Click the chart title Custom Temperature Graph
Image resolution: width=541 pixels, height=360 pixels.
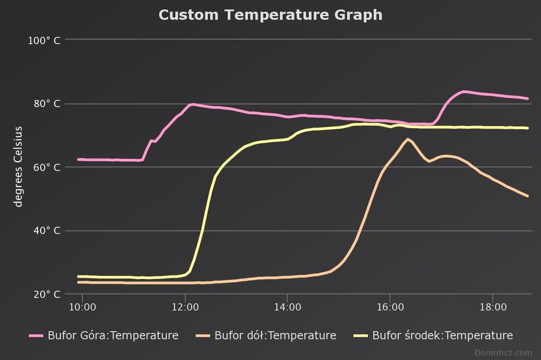tap(270, 15)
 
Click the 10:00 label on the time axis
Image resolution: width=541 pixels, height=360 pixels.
tap(82, 307)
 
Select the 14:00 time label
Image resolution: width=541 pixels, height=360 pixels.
tap(287, 307)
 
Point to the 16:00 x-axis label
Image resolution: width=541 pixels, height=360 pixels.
tap(390, 307)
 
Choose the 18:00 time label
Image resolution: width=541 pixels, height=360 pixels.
tap(492, 307)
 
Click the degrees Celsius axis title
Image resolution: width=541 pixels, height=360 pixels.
tap(19, 166)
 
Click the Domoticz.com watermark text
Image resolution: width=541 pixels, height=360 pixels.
tap(503, 352)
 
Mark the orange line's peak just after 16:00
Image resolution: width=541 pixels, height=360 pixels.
tap(407, 139)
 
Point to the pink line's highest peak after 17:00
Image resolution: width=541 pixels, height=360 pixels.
tap(464, 91)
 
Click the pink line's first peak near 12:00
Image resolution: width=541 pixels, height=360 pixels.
tap(192, 104)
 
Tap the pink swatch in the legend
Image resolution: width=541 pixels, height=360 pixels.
tap(36, 336)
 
